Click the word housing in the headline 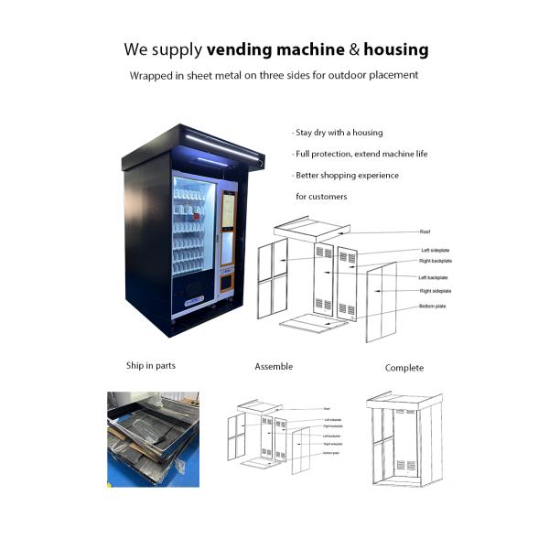point(395,48)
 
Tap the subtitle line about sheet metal point(274,75)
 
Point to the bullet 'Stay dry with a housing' point(338,133)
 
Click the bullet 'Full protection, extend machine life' point(360,154)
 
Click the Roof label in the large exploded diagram point(425,232)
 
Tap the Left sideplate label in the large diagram point(436,251)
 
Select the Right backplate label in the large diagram point(436,261)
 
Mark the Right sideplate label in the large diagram point(436,291)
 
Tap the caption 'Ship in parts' point(151,366)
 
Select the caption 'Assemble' point(274,367)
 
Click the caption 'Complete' point(404,368)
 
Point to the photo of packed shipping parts point(153,437)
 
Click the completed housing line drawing point(404,439)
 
